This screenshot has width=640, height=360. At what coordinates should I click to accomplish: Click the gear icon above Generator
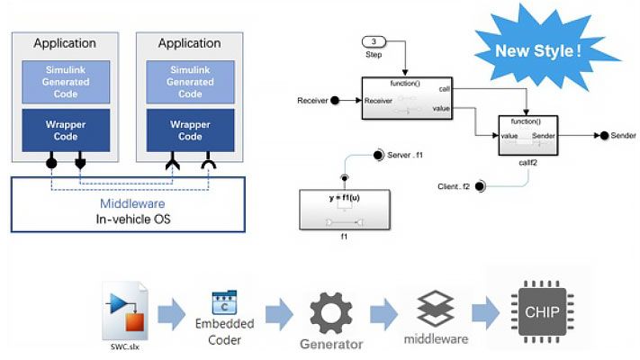(331, 311)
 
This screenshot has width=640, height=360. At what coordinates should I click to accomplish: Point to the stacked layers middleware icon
(435, 308)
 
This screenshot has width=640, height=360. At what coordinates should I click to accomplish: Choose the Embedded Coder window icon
(223, 304)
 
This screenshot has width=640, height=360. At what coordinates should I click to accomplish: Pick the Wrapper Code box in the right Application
(190, 130)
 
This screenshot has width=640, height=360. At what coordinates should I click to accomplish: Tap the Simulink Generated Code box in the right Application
(190, 82)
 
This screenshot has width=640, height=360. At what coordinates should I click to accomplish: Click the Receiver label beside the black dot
(311, 100)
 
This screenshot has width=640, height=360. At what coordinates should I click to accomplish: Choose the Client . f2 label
(455, 186)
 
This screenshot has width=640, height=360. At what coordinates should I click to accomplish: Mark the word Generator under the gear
(331, 344)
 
